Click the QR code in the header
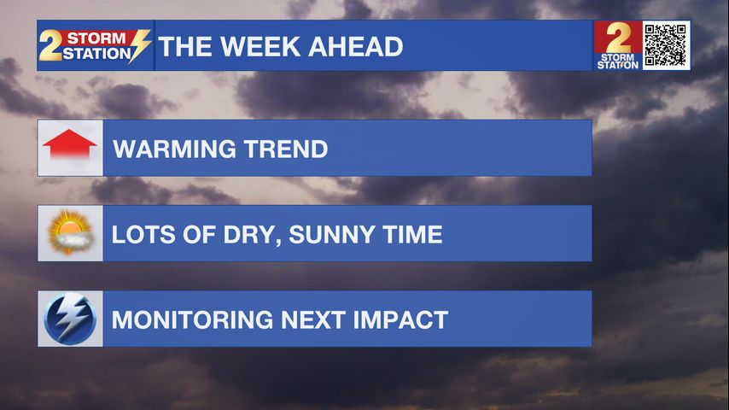tap(666, 45)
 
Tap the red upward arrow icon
tap(69, 144)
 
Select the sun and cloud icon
tap(70, 232)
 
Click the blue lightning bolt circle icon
tap(70, 319)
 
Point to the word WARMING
tap(175, 149)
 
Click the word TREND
tap(287, 149)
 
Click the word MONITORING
tap(192, 320)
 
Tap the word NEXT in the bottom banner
tap(313, 320)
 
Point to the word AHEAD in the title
tap(356, 46)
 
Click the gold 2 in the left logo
tap(50, 45)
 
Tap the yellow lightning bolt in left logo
tap(139, 45)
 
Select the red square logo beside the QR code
tap(617, 45)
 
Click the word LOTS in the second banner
tap(143, 235)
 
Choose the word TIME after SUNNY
tap(412, 235)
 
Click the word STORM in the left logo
tap(96, 38)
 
